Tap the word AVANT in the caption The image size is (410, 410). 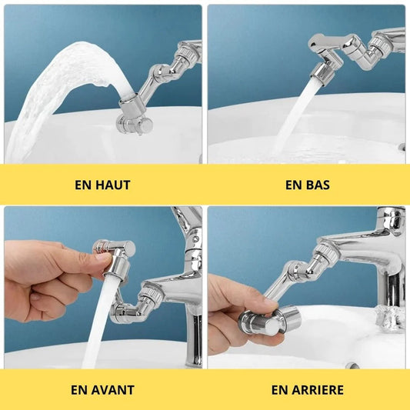tap(113, 390)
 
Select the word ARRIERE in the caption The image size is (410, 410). tap(318, 390)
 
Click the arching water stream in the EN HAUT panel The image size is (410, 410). tap(65, 78)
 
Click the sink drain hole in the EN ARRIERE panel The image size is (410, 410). tap(352, 365)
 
